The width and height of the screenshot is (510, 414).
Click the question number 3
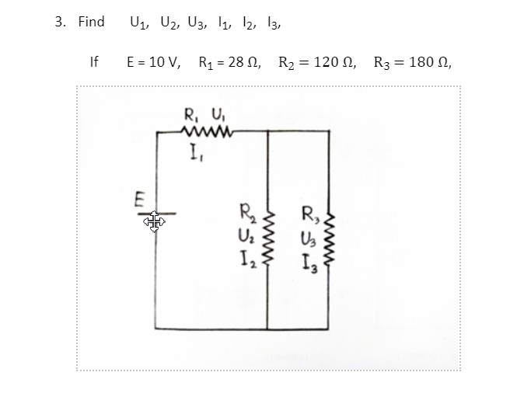pos(59,22)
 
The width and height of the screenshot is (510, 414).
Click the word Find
pos(91,22)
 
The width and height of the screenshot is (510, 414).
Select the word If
pos(95,61)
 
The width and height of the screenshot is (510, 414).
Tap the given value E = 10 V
pos(152,61)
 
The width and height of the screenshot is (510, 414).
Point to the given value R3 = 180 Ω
pos(411,61)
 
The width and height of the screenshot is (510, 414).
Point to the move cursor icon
pos(153,223)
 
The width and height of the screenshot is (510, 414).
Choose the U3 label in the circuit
pos(308,234)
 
